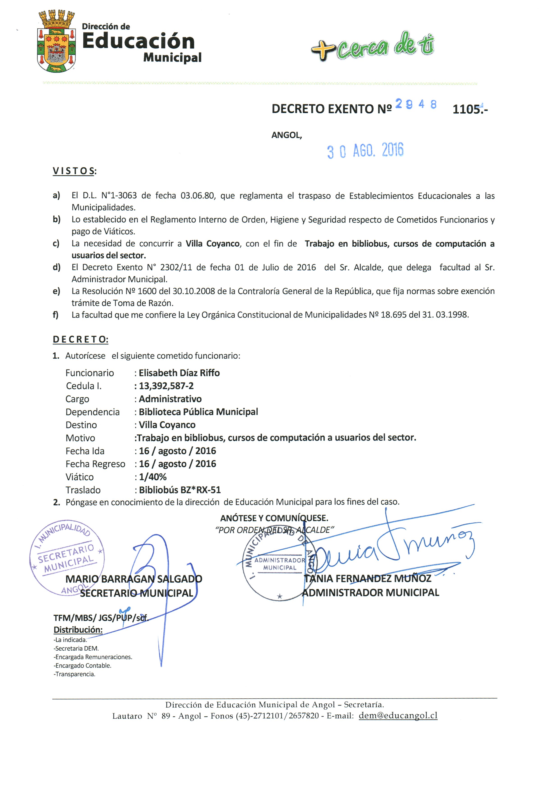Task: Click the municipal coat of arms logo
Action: point(56,41)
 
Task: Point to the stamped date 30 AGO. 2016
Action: point(365,151)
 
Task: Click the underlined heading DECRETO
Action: point(80,339)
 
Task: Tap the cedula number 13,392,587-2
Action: point(166,386)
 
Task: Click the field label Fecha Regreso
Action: point(95,464)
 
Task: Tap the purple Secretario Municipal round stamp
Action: point(67,558)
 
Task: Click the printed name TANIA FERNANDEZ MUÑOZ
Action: point(367,578)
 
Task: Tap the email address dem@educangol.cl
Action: point(398,716)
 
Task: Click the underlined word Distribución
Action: point(78,630)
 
